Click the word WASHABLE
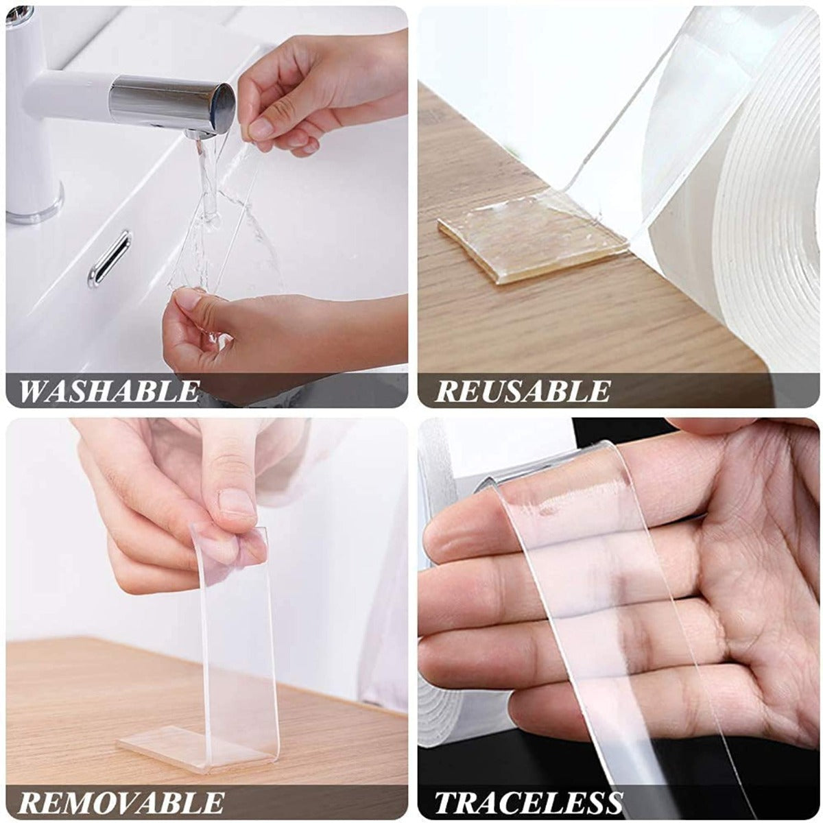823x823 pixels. [109, 392]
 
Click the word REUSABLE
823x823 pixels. [523, 392]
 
